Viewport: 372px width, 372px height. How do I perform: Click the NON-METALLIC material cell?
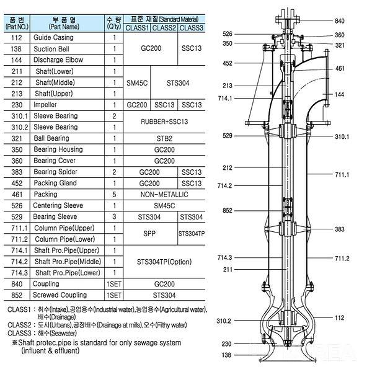(164, 195)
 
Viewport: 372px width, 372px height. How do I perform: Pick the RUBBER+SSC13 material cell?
(164, 122)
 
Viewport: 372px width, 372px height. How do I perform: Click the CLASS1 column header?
(136, 27)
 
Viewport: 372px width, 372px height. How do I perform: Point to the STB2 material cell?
(164, 138)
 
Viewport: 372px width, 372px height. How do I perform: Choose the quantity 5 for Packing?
(115, 195)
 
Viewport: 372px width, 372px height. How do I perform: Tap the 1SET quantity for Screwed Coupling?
(115, 294)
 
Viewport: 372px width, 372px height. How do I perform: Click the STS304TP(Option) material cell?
(164, 261)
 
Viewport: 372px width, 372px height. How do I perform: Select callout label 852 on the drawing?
(228, 211)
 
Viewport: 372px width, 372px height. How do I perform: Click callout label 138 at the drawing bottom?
(228, 355)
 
